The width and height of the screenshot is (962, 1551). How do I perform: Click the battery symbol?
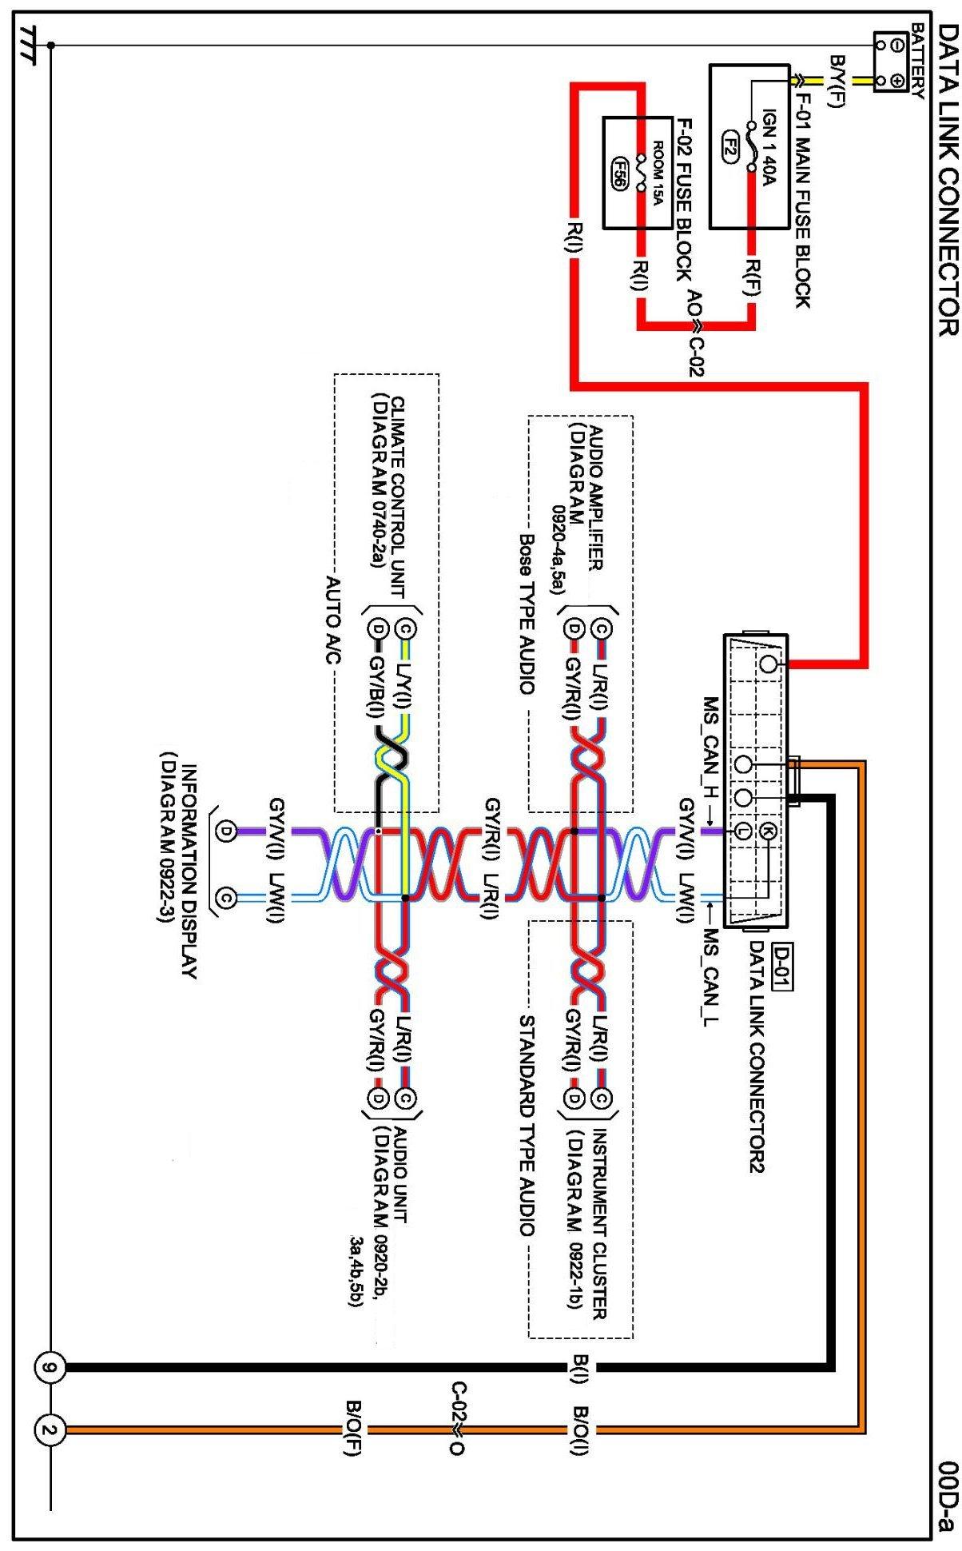pyautogui.click(x=888, y=62)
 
